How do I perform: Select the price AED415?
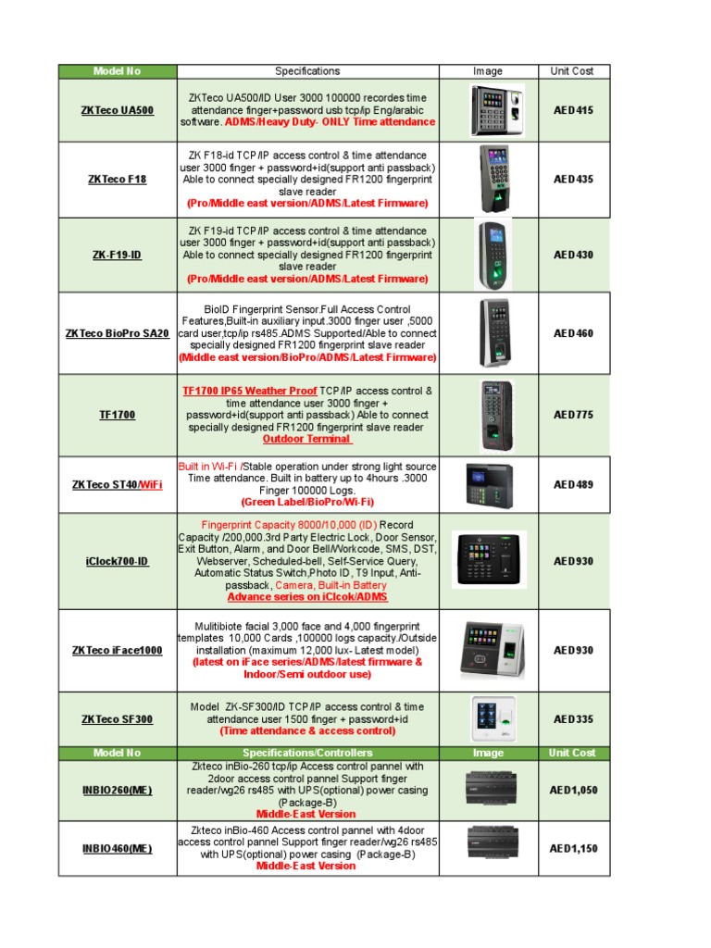coord(573,110)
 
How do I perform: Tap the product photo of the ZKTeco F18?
coord(493,178)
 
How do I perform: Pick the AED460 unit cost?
coord(573,333)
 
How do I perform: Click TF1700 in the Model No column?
coord(118,415)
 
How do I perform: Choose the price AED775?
coord(573,415)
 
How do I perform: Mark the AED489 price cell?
coord(573,484)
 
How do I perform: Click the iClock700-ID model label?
coord(118,561)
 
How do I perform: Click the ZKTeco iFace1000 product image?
coord(489,650)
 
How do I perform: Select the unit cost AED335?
coord(573,719)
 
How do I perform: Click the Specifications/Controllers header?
coord(307,753)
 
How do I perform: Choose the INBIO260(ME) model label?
coord(118,790)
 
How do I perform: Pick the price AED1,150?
coord(573,848)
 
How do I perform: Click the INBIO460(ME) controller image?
coord(488,847)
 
